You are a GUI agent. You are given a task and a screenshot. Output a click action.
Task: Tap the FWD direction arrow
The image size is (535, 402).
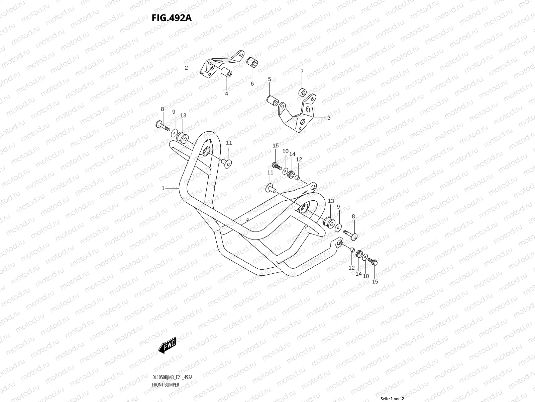pos(167,345)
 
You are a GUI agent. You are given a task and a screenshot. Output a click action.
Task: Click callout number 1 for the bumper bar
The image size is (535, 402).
pos(163,188)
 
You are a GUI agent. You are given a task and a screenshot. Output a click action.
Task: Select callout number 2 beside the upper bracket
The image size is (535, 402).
pos(187,68)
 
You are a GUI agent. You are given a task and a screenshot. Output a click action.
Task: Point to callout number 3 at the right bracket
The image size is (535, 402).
pos(329,118)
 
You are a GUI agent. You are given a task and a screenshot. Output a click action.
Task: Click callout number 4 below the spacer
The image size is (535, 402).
pos(226,94)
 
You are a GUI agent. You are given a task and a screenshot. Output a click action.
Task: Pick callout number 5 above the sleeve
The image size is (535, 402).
pos(269,79)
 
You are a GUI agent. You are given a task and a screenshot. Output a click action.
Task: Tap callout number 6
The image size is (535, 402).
pos(252,84)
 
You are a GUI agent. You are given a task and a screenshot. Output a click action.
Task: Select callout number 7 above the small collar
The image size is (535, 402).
pos(302,71)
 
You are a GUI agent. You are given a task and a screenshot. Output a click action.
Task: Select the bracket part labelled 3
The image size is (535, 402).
pos(299,114)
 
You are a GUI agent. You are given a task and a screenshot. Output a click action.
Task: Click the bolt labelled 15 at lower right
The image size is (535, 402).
pos(372,261)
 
